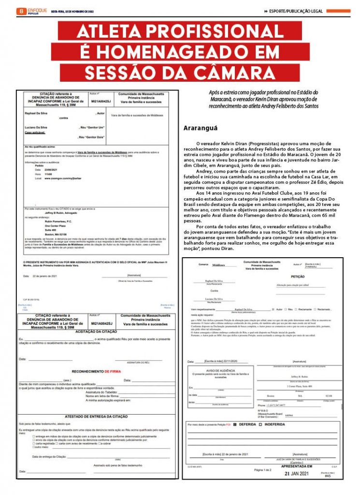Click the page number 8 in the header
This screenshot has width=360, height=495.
click(21, 11)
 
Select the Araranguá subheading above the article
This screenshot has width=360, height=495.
click(201, 129)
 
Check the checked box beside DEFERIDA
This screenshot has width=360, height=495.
click(235, 424)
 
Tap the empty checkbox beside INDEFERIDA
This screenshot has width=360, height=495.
click(260, 424)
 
